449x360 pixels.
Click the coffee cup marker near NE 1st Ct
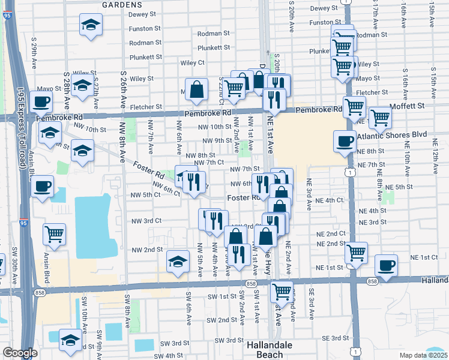387,265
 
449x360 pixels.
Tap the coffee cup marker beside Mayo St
42,101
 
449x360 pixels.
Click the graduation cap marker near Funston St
91,25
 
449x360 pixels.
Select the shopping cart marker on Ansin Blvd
54,233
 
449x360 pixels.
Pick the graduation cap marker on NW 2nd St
178,262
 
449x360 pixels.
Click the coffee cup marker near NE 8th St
345,142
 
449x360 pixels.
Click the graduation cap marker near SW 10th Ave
70,340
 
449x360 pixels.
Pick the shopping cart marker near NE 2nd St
357,252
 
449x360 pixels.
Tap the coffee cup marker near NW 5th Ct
42,187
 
